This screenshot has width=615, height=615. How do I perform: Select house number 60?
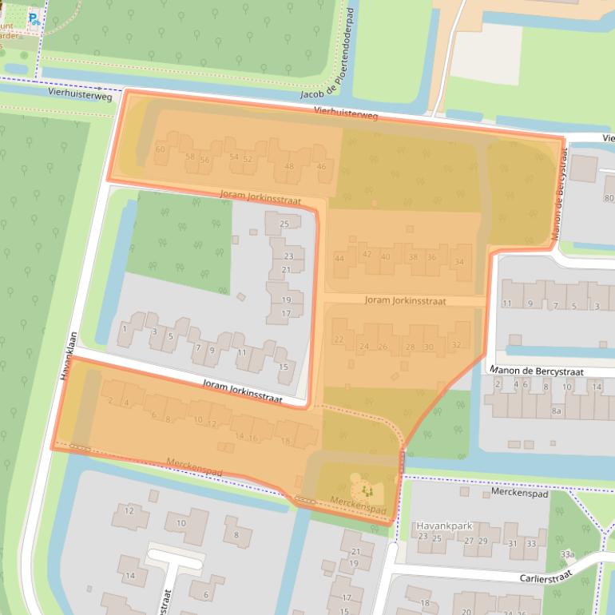pos(161,149)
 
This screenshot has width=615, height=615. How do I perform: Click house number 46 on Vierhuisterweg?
pos(321,166)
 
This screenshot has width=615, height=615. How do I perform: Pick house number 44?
pos(339,259)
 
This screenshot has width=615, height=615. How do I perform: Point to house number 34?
pos(458,262)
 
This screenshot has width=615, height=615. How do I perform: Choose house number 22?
pos(339,339)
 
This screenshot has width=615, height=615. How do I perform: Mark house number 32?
pos(456,344)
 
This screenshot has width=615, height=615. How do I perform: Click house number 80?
pos(609,198)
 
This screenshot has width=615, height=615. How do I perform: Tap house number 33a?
pos(567,553)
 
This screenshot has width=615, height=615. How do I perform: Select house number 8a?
pos(557,411)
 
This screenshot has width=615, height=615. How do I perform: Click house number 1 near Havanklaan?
pos(125,328)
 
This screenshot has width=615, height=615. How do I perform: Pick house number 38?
pos(412,257)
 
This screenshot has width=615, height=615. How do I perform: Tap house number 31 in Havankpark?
pos(511,543)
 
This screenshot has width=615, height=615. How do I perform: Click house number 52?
pos(248,158)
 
